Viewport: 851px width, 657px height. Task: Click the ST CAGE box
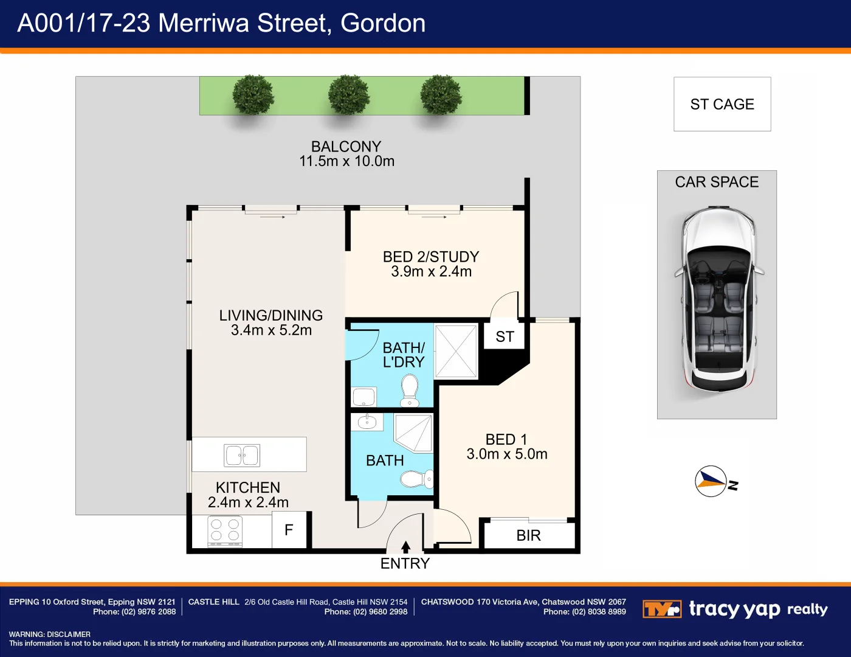(722, 104)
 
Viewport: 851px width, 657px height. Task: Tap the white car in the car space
(719, 299)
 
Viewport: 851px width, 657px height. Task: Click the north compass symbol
(711, 481)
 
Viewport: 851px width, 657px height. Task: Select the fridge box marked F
(289, 530)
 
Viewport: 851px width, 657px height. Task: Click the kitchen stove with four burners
(225, 531)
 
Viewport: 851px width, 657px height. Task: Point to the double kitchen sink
(242, 455)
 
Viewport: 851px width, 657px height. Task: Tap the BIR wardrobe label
(528, 535)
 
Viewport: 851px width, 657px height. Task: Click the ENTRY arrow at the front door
(405, 547)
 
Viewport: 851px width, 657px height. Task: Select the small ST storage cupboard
(505, 336)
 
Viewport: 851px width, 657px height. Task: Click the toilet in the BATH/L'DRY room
(410, 390)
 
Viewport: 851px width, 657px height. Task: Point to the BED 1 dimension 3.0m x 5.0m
(507, 454)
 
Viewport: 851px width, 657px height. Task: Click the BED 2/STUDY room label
(431, 257)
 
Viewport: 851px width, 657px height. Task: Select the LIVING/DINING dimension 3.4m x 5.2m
(271, 330)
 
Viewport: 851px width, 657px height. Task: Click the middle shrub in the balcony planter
(348, 95)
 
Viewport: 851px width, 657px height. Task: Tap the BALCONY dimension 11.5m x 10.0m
(346, 161)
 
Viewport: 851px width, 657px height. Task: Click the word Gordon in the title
(382, 23)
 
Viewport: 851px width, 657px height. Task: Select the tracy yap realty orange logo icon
(662, 609)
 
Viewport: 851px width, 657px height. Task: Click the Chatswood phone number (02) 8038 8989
(599, 611)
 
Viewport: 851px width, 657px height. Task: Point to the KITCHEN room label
(248, 488)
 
